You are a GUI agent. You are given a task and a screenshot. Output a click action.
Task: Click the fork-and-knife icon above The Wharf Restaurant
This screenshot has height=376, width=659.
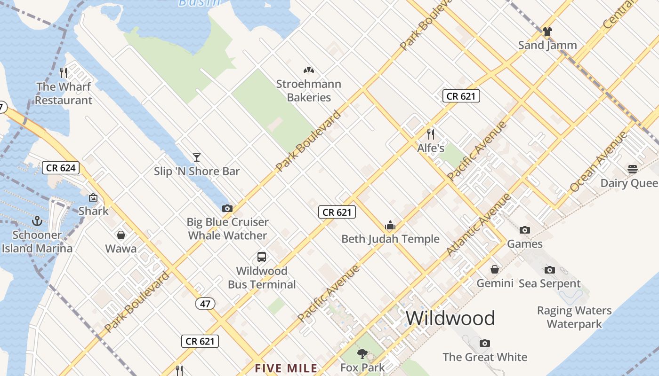tap(64, 72)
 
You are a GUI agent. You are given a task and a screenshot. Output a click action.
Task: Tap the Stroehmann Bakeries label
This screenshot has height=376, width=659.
tap(309, 91)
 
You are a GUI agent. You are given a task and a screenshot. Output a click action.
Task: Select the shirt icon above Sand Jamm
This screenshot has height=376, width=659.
tap(547, 31)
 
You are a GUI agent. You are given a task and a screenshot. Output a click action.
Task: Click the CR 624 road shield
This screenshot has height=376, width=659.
tap(61, 168)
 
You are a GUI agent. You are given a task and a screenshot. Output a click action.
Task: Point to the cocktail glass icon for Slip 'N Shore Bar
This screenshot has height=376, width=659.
tap(197, 157)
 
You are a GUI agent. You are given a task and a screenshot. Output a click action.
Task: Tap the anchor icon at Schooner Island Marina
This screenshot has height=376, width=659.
tap(37, 220)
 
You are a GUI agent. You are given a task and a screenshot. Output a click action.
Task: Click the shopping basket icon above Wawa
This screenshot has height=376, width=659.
tap(121, 235)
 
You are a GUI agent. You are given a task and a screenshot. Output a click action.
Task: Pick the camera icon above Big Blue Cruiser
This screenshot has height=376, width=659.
tap(227, 208)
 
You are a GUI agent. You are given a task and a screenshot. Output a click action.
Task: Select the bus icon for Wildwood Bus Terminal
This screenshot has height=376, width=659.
tap(262, 257)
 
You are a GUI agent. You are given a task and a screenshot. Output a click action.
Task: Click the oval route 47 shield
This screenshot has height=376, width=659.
tap(205, 304)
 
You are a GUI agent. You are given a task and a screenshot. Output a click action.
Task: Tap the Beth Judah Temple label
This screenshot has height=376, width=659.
tap(390, 239)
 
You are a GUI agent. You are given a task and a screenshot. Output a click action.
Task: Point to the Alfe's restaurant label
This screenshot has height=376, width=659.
tap(431, 148)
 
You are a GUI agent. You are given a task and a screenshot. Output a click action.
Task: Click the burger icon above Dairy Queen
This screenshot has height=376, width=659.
tap(632, 169)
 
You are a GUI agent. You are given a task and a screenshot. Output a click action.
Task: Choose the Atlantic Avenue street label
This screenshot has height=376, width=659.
tap(479, 225)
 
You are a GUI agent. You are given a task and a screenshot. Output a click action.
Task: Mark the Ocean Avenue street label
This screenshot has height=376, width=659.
tap(598, 162)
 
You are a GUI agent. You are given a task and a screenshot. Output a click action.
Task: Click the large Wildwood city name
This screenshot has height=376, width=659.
tap(450, 318)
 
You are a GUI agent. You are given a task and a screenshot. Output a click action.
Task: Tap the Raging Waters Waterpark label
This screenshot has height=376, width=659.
tap(574, 317)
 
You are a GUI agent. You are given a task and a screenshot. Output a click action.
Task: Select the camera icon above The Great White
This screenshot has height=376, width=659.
tap(485, 343)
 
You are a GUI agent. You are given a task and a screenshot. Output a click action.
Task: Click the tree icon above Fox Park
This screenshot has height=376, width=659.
tap(362, 353)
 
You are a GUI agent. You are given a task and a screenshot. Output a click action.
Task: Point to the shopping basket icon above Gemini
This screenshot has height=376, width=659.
tap(495, 269)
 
